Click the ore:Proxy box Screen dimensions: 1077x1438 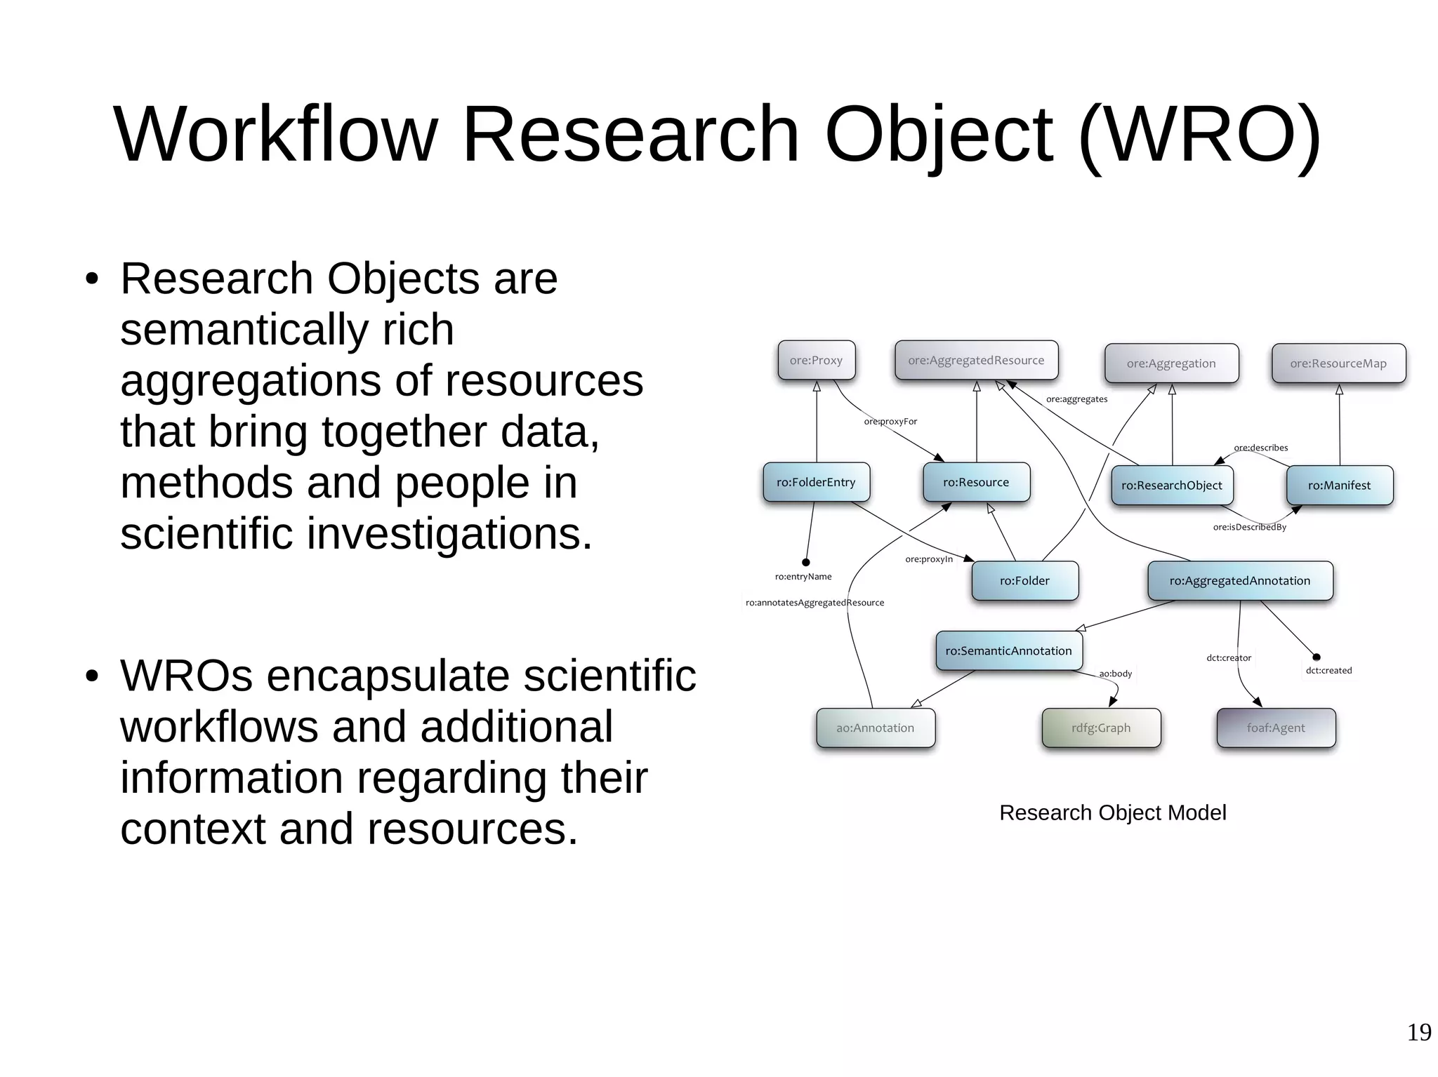click(816, 361)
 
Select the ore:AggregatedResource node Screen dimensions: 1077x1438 click(976, 361)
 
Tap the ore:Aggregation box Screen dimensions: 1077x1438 click(1171, 363)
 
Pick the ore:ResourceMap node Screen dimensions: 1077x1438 click(1338, 363)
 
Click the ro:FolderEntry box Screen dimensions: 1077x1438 click(816, 483)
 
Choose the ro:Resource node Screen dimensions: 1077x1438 click(976, 483)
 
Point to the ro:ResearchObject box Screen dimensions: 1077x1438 click(1172, 486)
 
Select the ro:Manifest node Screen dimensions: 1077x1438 click(1339, 486)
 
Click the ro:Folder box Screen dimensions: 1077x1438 click(1024, 581)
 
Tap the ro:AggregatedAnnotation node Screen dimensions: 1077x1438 click(1240, 581)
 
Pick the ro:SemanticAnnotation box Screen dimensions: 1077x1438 click(1008, 651)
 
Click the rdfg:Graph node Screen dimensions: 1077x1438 click(1101, 728)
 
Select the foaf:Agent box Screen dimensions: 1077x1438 click(1276, 728)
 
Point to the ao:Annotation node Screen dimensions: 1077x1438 click(875, 728)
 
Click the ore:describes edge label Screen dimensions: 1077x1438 click(1261, 448)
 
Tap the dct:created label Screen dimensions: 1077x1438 click(1328, 671)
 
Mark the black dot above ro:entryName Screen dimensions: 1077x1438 click(806, 562)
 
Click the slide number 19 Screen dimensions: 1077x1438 click(1419, 1033)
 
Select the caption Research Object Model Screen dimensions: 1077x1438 click(1112, 812)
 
